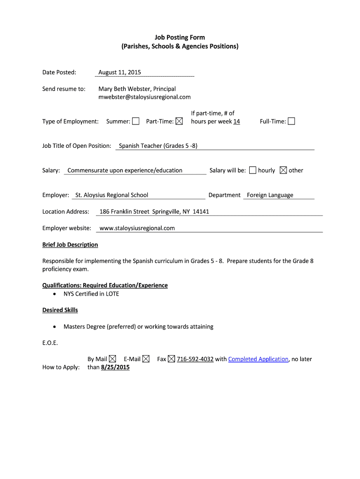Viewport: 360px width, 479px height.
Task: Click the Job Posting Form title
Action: (180, 37)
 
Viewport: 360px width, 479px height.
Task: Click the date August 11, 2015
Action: (120, 72)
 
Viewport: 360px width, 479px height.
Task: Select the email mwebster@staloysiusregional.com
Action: (144, 97)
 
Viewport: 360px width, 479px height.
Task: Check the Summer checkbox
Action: (136, 122)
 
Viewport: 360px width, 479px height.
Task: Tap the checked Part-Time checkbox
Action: (179, 122)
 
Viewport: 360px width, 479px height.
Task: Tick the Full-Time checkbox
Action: (291, 122)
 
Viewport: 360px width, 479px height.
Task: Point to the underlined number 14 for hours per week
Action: (237, 122)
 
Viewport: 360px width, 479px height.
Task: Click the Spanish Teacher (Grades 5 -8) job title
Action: (158, 146)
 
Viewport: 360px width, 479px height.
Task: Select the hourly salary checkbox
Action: (253, 170)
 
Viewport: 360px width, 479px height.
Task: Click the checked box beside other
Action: (283, 170)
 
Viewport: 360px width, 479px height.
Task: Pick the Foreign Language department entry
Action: (270, 195)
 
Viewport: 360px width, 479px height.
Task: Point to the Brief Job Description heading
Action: (70, 245)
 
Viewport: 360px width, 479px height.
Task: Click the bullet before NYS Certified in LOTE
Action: (55, 294)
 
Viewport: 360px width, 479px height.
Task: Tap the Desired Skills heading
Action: (60, 310)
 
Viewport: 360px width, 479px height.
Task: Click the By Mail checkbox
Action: (113, 359)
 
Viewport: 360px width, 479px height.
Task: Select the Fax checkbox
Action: (172, 359)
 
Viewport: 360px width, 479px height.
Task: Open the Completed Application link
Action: (258, 359)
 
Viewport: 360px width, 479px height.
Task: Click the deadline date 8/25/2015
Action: (115, 367)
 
